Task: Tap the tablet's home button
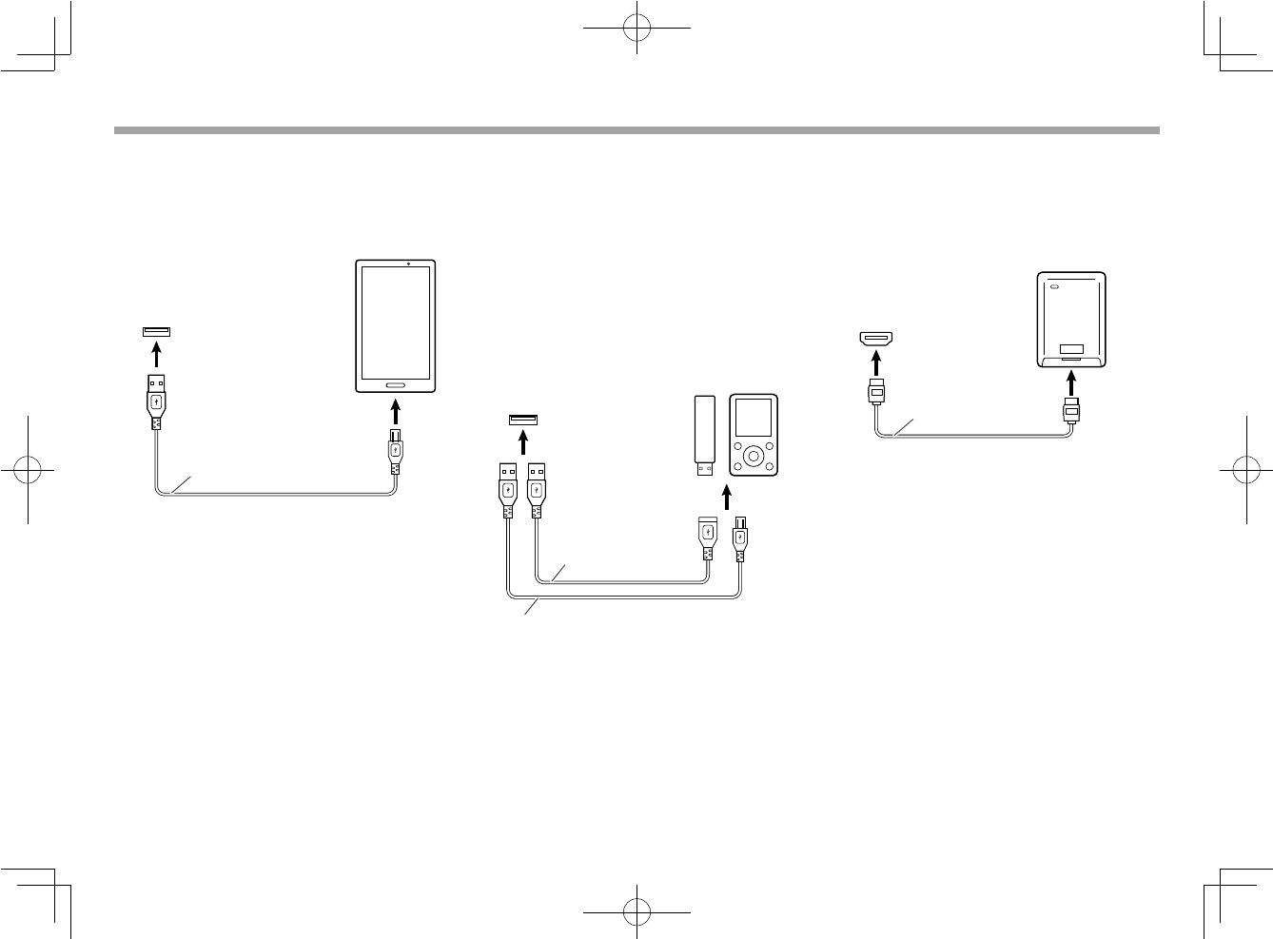click(x=396, y=385)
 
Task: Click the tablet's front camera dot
click(x=407, y=263)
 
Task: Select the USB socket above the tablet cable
click(x=157, y=331)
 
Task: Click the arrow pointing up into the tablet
click(x=395, y=414)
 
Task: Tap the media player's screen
click(x=753, y=420)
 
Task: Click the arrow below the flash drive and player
click(x=726, y=496)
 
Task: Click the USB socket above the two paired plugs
click(x=522, y=421)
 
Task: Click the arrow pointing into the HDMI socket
click(x=877, y=363)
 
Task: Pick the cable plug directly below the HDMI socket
click(x=877, y=392)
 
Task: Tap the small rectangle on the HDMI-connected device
click(x=1072, y=349)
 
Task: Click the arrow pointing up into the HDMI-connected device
click(x=1071, y=382)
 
